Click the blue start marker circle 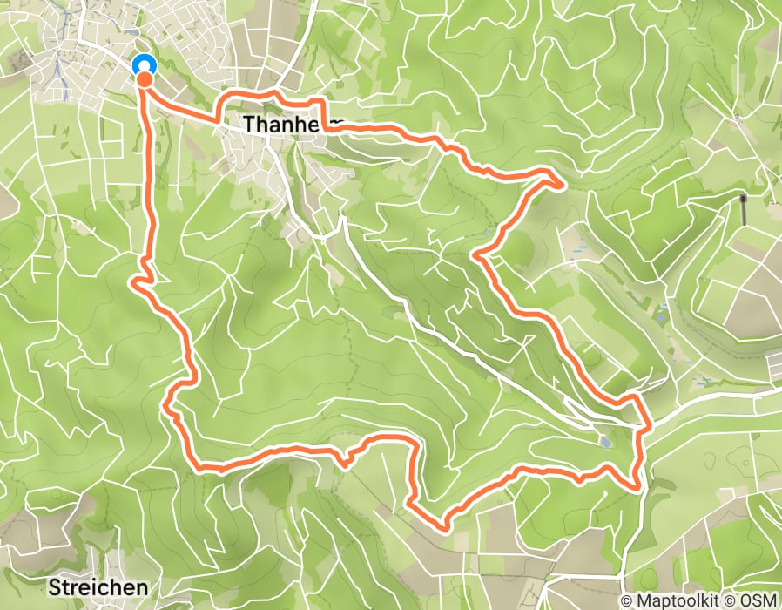pyautogui.click(x=144, y=64)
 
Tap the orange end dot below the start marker pyautogui.click(x=145, y=80)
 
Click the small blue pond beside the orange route pyautogui.click(x=604, y=442)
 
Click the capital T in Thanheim pyautogui.click(x=250, y=125)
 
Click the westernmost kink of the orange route pyautogui.click(x=133, y=281)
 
